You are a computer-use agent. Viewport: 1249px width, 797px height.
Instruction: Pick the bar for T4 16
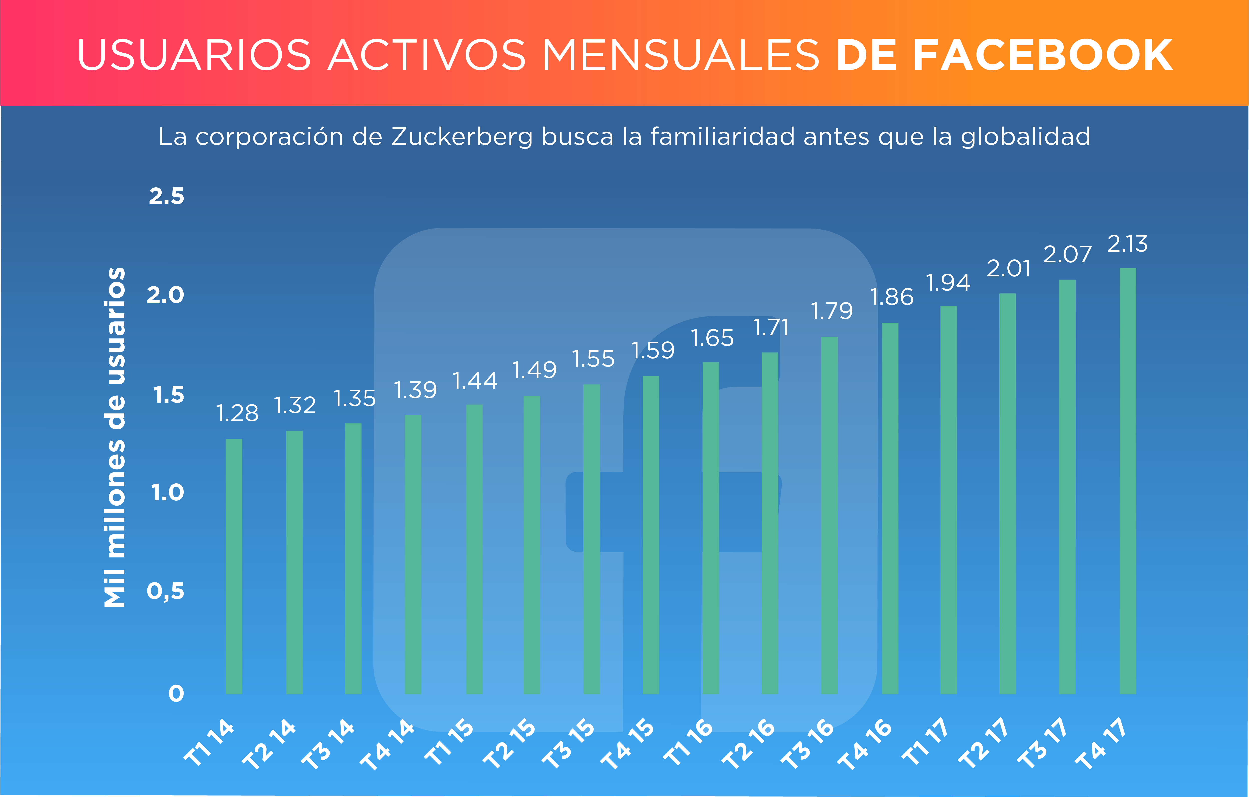[x=890, y=508]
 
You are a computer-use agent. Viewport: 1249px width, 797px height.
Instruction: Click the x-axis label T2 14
[x=269, y=744]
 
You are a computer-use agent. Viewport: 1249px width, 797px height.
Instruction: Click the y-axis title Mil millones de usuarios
[x=115, y=437]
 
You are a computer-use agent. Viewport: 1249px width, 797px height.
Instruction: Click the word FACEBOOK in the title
[x=1043, y=55]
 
